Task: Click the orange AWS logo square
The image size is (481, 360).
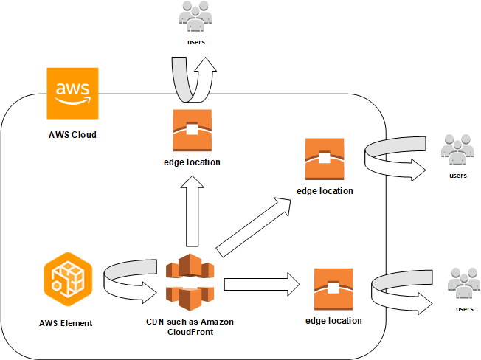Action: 72,94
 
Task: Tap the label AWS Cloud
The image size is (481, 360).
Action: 72,135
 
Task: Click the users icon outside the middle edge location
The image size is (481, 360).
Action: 457,151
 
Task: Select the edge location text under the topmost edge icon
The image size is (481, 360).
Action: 192,162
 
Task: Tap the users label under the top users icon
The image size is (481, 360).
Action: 195,42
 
